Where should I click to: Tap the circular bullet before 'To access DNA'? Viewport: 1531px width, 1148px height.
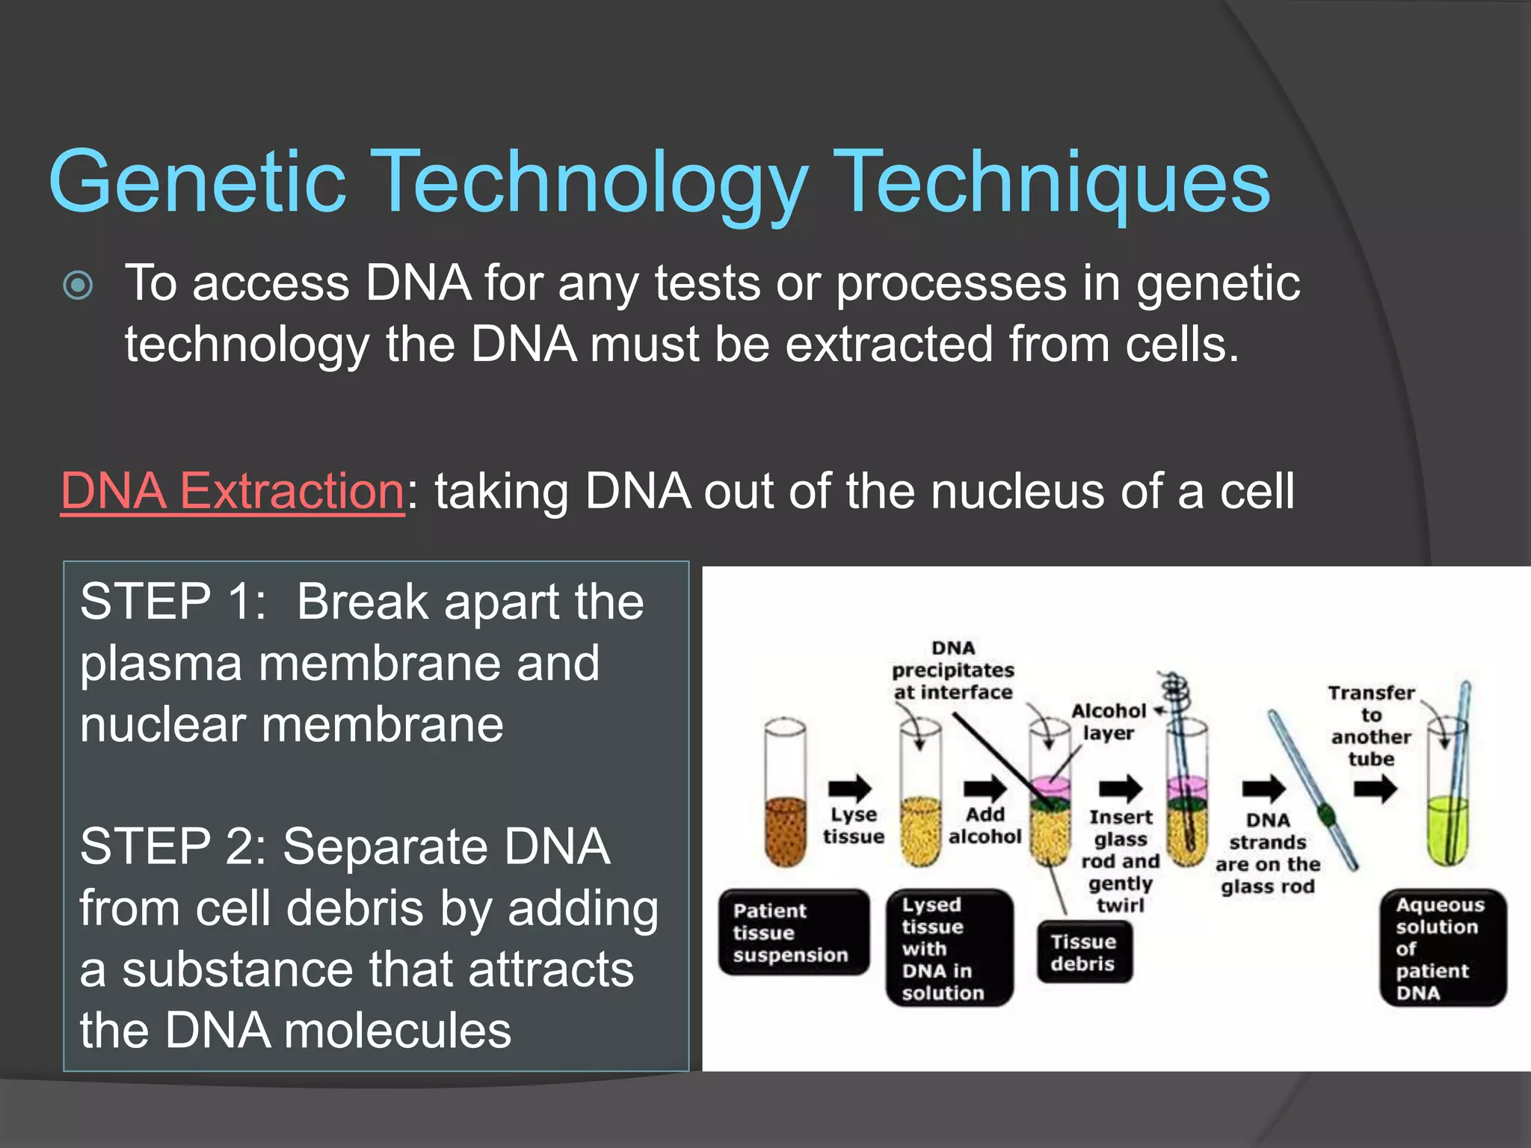pos(78,285)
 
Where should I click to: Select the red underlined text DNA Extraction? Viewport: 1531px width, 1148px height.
pos(232,491)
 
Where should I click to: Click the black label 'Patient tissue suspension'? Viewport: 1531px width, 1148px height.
pos(793,933)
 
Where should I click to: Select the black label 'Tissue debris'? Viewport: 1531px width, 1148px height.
pos(1084,952)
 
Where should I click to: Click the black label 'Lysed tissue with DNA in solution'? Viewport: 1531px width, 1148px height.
pos(949,948)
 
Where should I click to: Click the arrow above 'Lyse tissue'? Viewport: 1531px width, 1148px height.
pos(851,788)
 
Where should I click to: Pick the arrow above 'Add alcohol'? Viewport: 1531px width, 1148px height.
pos(985,788)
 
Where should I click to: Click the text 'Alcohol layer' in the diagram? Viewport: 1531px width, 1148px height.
pos(1109,722)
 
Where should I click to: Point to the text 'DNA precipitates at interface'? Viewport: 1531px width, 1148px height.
pos(953,670)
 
